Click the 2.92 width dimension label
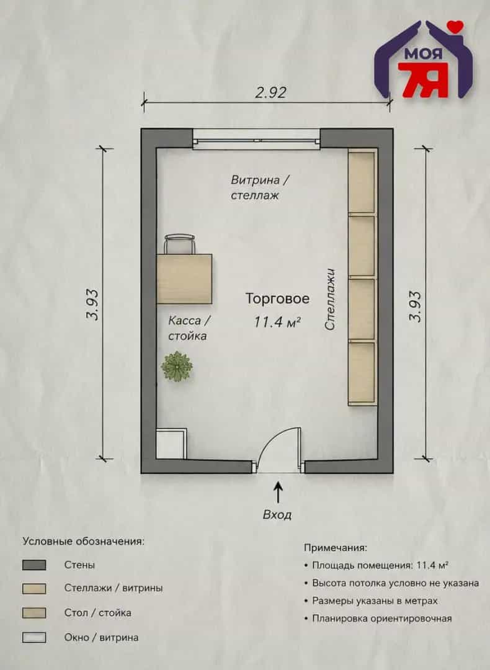pyautogui.click(x=270, y=92)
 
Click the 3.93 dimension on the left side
pyautogui.click(x=92, y=305)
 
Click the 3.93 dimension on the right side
pyautogui.click(x=415, y=306)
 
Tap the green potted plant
pyautogui.click(x=176, y=367)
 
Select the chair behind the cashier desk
pyautogui.click(x=180, y=244)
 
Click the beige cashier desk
pyautogui.click(x=184, y=279)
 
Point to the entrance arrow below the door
pyautogui.click(x=278, y=492)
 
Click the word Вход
pyautogui.click(x=277, y=515)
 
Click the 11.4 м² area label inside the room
pyautogui.click(x=278, y=321)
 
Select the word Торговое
pyautogui.click(x=277, y=298)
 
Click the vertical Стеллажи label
pyautogui.click(x=330, y=299)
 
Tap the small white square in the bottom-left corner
pyautogui.click(x=171, y=444)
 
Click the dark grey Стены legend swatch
pyautogui.click(x=34, y=565)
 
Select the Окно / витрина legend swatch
pyautogui.click(x=34, y=638)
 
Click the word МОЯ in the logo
pyautogui.click(x=423, y=54)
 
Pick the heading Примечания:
pyautogui.click(x=336, y=547)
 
